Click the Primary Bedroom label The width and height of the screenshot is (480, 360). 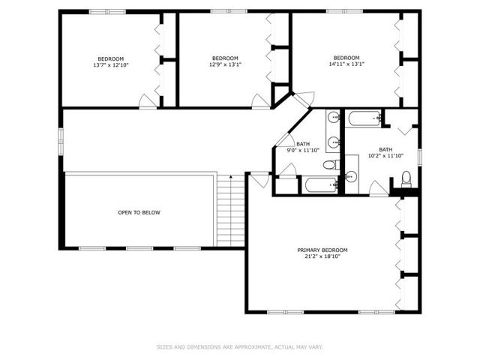[322, 250]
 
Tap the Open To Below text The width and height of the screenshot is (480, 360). [139, 212]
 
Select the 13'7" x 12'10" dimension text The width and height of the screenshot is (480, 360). [111, 65]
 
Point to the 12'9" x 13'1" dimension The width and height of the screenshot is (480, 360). [225, 64]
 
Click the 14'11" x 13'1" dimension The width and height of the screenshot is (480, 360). [346, 64]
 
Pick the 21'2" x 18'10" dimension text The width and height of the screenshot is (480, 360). [322, 256]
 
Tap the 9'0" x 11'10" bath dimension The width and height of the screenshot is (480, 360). [303, 150]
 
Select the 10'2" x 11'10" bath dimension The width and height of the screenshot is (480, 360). [385, 155]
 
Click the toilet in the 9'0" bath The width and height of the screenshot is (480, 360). [331, 165]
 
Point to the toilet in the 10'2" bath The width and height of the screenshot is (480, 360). [406, 179]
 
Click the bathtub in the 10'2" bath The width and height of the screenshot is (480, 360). [363, 118]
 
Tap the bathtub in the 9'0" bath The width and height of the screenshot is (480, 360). [320, 184]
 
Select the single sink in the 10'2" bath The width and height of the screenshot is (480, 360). [351, 176]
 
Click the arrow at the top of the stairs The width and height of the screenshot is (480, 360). [231, 177]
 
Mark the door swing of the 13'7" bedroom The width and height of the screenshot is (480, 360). [148, 101]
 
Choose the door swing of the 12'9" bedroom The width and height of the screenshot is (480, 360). [260, 101]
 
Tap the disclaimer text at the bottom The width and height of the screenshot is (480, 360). [240, 347]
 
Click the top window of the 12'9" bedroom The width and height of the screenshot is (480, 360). [229, 12]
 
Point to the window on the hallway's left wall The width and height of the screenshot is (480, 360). [61, 141]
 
